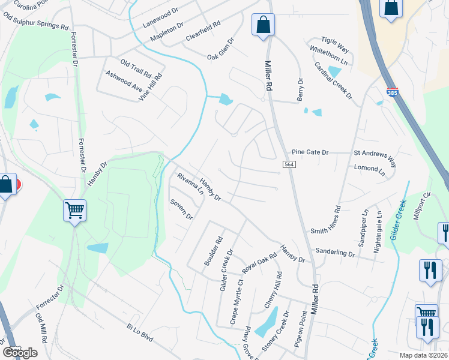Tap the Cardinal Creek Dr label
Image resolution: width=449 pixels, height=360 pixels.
click(333, 80)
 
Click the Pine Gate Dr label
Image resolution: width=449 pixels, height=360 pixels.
click(310, 152)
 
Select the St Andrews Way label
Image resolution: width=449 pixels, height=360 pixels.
click(375, 157)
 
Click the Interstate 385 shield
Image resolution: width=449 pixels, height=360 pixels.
click(392, 93)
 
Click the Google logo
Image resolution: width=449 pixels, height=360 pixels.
click(20, 352)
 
